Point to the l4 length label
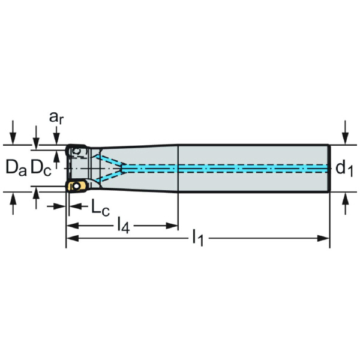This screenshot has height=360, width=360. [x=122, y=226]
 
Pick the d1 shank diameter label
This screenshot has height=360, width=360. [x=344, y=169]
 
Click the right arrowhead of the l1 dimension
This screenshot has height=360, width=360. [x=326, y=239]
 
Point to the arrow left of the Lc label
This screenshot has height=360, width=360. [x=61, y=206]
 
